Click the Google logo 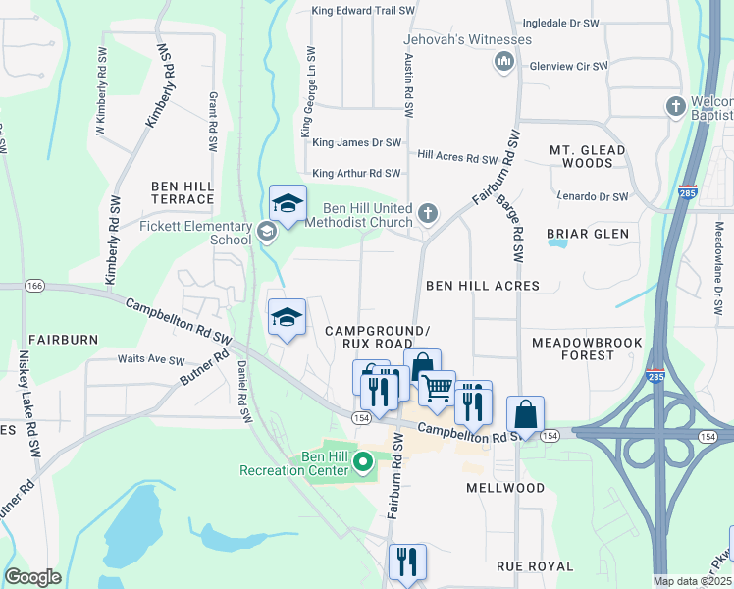point(33,577)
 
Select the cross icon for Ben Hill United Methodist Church point(427,213)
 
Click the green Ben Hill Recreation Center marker point(363,460)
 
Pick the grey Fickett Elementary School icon point(266,233)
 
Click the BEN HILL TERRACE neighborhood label point(182,191)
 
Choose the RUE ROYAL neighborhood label point(535,566)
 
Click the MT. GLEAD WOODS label point(587,156)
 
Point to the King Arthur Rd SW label point(356,173)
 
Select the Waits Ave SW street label point(151,360)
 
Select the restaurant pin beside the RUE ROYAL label point(406,562)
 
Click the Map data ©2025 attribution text point(693,581)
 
